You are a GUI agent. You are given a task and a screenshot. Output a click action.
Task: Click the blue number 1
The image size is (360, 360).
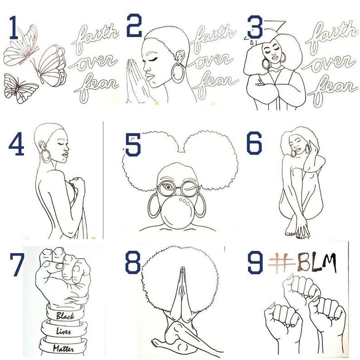click(x=14, y=27)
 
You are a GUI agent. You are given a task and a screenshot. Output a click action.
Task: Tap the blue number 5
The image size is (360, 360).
click(x=133, y=145)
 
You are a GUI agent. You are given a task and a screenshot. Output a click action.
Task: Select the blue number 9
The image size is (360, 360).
click(x=255, y=262)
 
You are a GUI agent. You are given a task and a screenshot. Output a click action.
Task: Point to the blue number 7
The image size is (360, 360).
click(x=17, y=265)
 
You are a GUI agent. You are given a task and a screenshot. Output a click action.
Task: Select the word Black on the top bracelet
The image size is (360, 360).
click(x=65, y=316)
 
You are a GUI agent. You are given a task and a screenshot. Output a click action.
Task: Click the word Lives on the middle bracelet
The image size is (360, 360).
click(x=63, y=331)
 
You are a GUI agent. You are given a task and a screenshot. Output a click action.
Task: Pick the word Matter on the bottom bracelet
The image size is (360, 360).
click(x=63, y=349)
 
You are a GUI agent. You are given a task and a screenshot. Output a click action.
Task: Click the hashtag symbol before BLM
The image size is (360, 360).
click(x=281, y=263)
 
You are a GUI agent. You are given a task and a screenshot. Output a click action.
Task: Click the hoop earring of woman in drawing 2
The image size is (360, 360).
click(x=178, y=73)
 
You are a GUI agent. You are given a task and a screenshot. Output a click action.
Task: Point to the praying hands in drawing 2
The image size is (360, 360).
click(x=136, y=80)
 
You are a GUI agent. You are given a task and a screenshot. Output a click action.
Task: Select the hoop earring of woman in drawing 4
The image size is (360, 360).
click(x=46, y=156)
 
